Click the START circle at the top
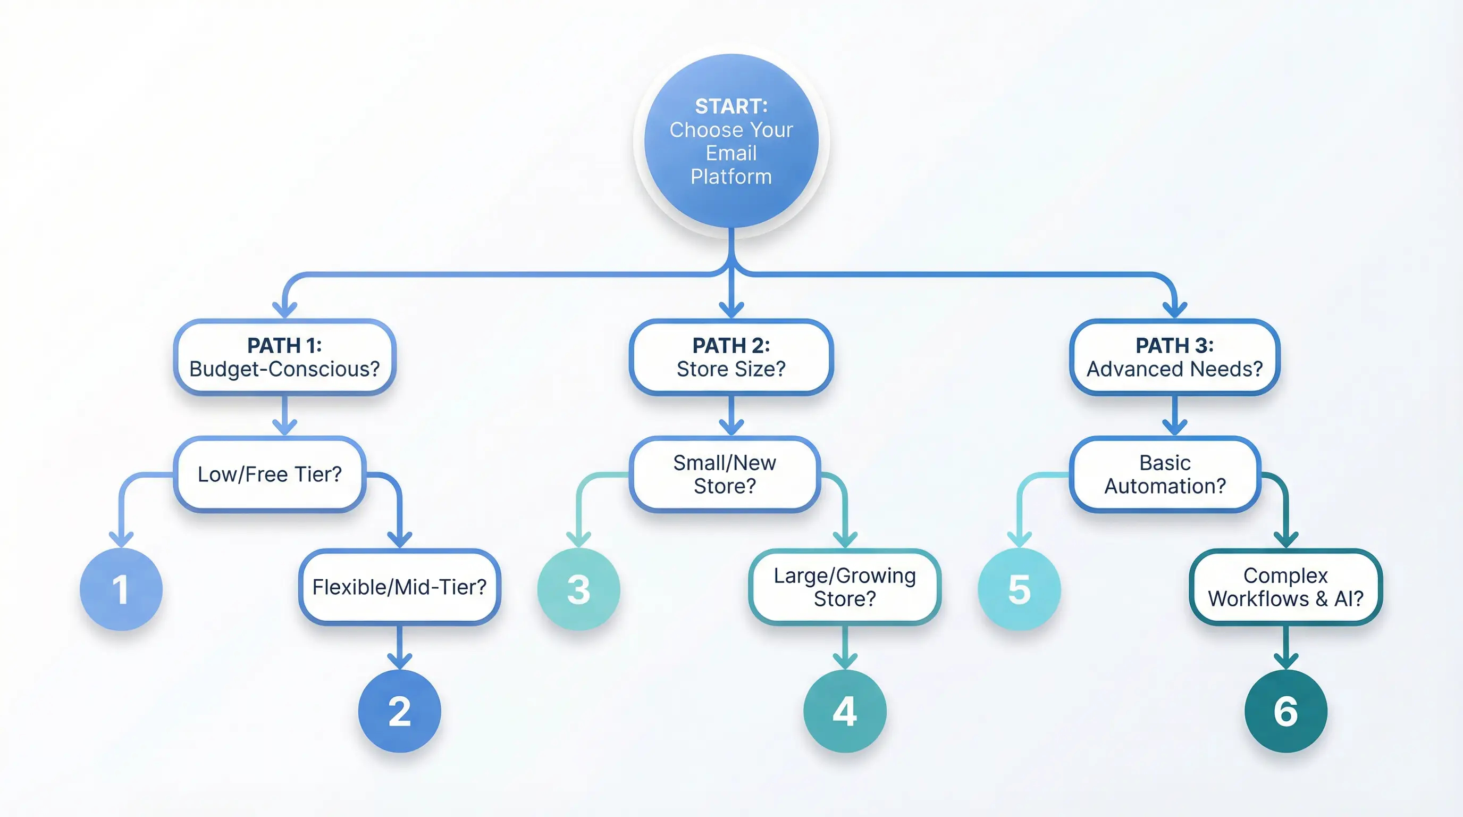pos(731,140)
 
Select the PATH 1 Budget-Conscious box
pos(284,357)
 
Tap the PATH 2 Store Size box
pos(731,357)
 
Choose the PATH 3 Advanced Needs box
pos(1174,357)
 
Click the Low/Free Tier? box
pos(269,474)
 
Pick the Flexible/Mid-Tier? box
pos(399,586)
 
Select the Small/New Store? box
pos(724,474)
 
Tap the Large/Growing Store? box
pos(845,586)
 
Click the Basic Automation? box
pos(1165,474)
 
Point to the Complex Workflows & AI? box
pos(1285,586)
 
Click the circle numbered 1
pos(121,589)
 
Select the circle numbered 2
pos(399,711)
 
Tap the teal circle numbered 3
pos(578,589)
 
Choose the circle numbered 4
pos(845,711)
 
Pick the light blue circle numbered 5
pos(1019,589)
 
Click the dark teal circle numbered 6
pos(1285,711)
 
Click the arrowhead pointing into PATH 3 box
pos(1174,310)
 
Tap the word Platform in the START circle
pos(731,177)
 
